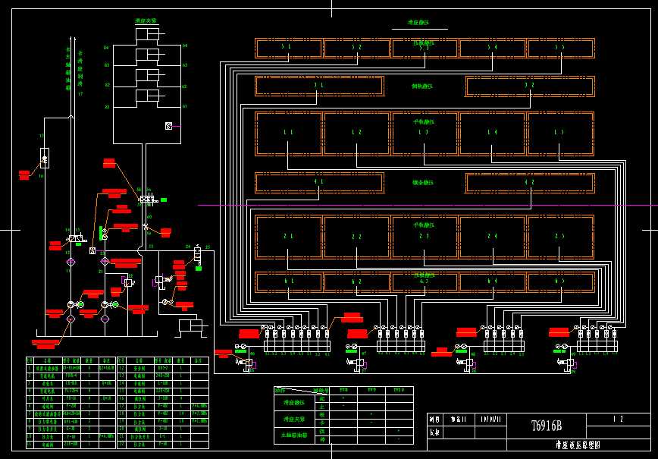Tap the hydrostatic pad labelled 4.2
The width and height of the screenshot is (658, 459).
(529, 183)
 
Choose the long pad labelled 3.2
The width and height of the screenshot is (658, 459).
(529, 86)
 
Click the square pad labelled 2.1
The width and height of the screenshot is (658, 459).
(288, 237)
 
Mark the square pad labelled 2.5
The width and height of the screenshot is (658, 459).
(560, 237)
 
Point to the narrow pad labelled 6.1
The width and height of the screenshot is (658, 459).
(288, 282)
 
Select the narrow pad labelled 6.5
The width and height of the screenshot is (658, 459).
(560, 282)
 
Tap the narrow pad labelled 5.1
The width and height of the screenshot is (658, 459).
(288, 48)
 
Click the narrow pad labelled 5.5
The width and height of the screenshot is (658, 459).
(560, 48)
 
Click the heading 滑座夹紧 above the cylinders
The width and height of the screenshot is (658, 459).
(147, 21)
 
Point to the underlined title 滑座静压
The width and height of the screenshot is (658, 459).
(418, 24)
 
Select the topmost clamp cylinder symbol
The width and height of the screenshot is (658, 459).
(147, 35)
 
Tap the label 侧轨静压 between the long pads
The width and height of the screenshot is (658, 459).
(422, 86)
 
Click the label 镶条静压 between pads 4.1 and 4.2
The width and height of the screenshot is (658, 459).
(422, 183)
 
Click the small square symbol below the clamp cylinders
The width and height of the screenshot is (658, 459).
(168, 125)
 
